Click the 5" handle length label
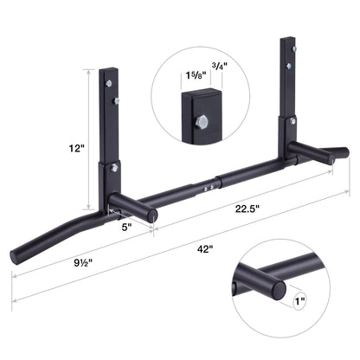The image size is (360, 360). pyautogui.click(x=125, y=228)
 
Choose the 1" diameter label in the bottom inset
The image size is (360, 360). pyautogui.click(x=298, y=302)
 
